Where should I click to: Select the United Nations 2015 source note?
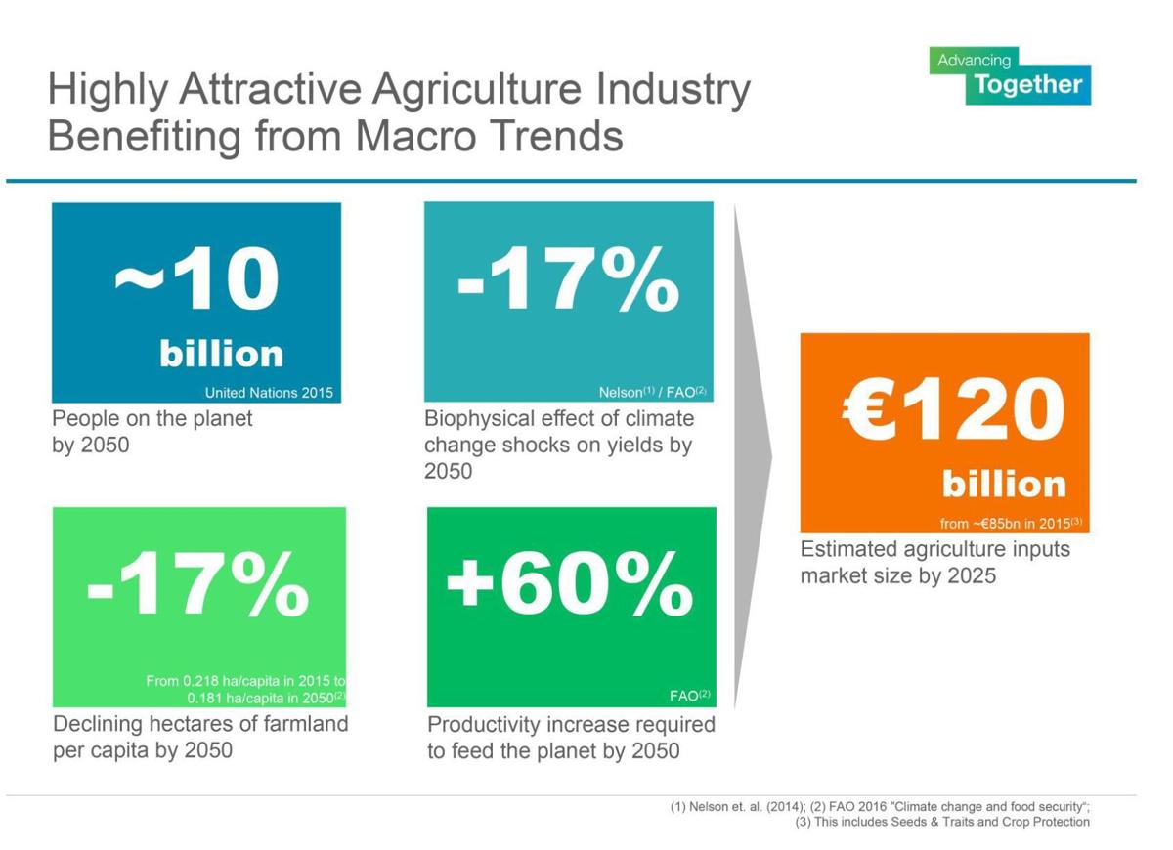[269, 393]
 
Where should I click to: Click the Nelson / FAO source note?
[652, 393]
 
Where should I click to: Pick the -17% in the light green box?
[197, 584]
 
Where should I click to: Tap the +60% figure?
[569, 584]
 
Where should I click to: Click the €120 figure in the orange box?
[953, 410]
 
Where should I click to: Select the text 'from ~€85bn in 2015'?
[1010, 524]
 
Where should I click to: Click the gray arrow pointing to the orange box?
[753, 454]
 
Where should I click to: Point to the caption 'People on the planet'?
[152, 419]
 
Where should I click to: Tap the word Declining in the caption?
[99, 724]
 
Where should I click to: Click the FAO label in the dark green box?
[689, 697]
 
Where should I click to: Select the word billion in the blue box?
[222, 354]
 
